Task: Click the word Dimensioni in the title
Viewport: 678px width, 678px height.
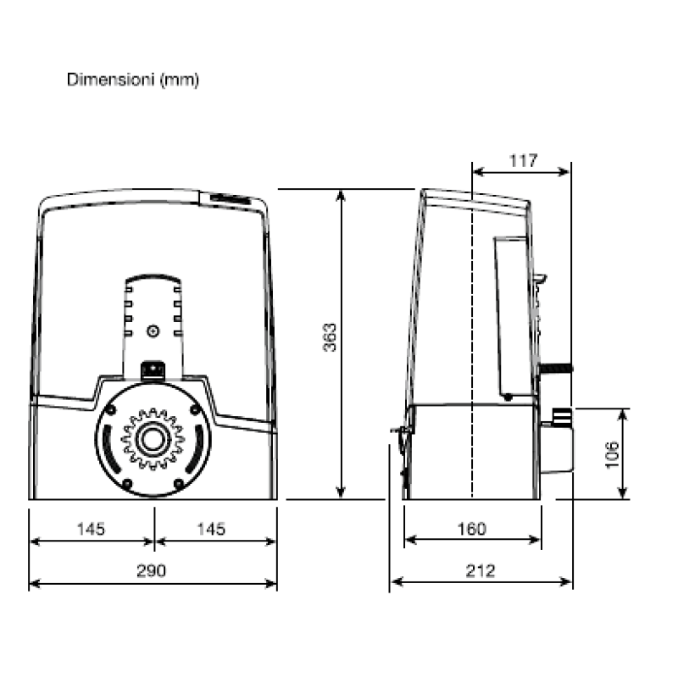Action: pyautogui.click(x=108, y=80)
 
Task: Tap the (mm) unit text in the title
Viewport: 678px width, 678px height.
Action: pyautogui.click(x=177, y=80)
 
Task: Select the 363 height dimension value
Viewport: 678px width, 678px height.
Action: pyautogui.click(x=331, y=337)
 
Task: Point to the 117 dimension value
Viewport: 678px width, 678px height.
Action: pyautogui.click(x=523, y=160)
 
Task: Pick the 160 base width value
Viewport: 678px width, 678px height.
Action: pyautogui.click(x=471, y=529)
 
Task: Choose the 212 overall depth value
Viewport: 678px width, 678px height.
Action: pyautogui.click(x=481, y=570)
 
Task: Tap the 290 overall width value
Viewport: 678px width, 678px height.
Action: pyautogui.click(x=153, y=570)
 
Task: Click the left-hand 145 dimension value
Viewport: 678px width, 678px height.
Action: pyautogui.click(x=90, y=529)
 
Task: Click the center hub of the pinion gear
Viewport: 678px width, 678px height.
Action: pyautogui.click(x=153, y=439)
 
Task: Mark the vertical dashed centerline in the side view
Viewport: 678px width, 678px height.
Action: pyautogui.click(x=471, y=339)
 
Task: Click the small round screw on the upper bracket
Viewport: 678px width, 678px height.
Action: pyautogui.click(x=153, y=331)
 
